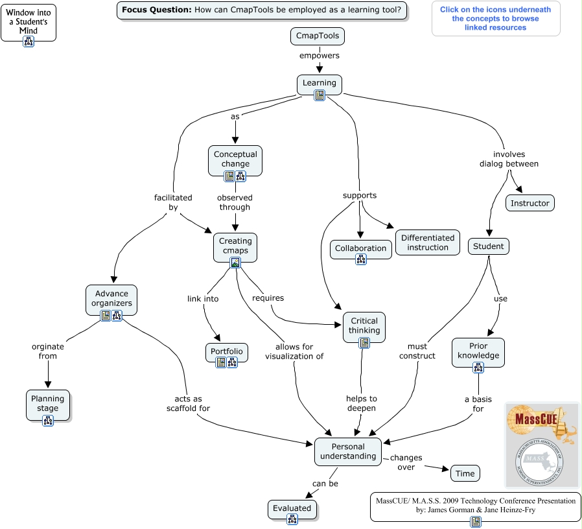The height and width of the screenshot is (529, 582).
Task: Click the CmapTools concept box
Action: click(x=318, y=36)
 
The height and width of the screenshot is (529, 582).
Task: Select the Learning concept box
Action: click(x=320, y=83)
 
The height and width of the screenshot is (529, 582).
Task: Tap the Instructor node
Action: click(x=530, y=203)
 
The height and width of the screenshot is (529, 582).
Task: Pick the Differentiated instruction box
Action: click(x=428, y=242)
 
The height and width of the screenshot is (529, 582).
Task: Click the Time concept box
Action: click(x=465, y=473)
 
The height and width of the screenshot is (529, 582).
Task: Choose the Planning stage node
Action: click(x=47, y=403)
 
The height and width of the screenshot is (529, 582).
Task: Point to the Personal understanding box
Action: click(x=348, y=451)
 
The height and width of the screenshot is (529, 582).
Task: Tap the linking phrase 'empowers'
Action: click(x=319, y=56)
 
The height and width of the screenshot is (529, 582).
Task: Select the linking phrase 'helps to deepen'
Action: click(x=360, y=403)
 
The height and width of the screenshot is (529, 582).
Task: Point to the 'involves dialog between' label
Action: click(x=509, y=159)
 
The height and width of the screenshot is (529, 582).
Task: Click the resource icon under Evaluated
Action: click(x=292, y=520)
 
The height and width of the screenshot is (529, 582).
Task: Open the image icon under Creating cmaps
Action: click(x=236, y=263)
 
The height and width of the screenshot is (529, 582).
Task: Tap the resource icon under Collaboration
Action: click(x=361, y=259)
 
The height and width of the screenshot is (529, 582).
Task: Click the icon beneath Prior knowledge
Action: click(x=478, y=368)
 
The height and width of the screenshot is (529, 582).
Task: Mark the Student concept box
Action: click(x=488, y=246)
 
